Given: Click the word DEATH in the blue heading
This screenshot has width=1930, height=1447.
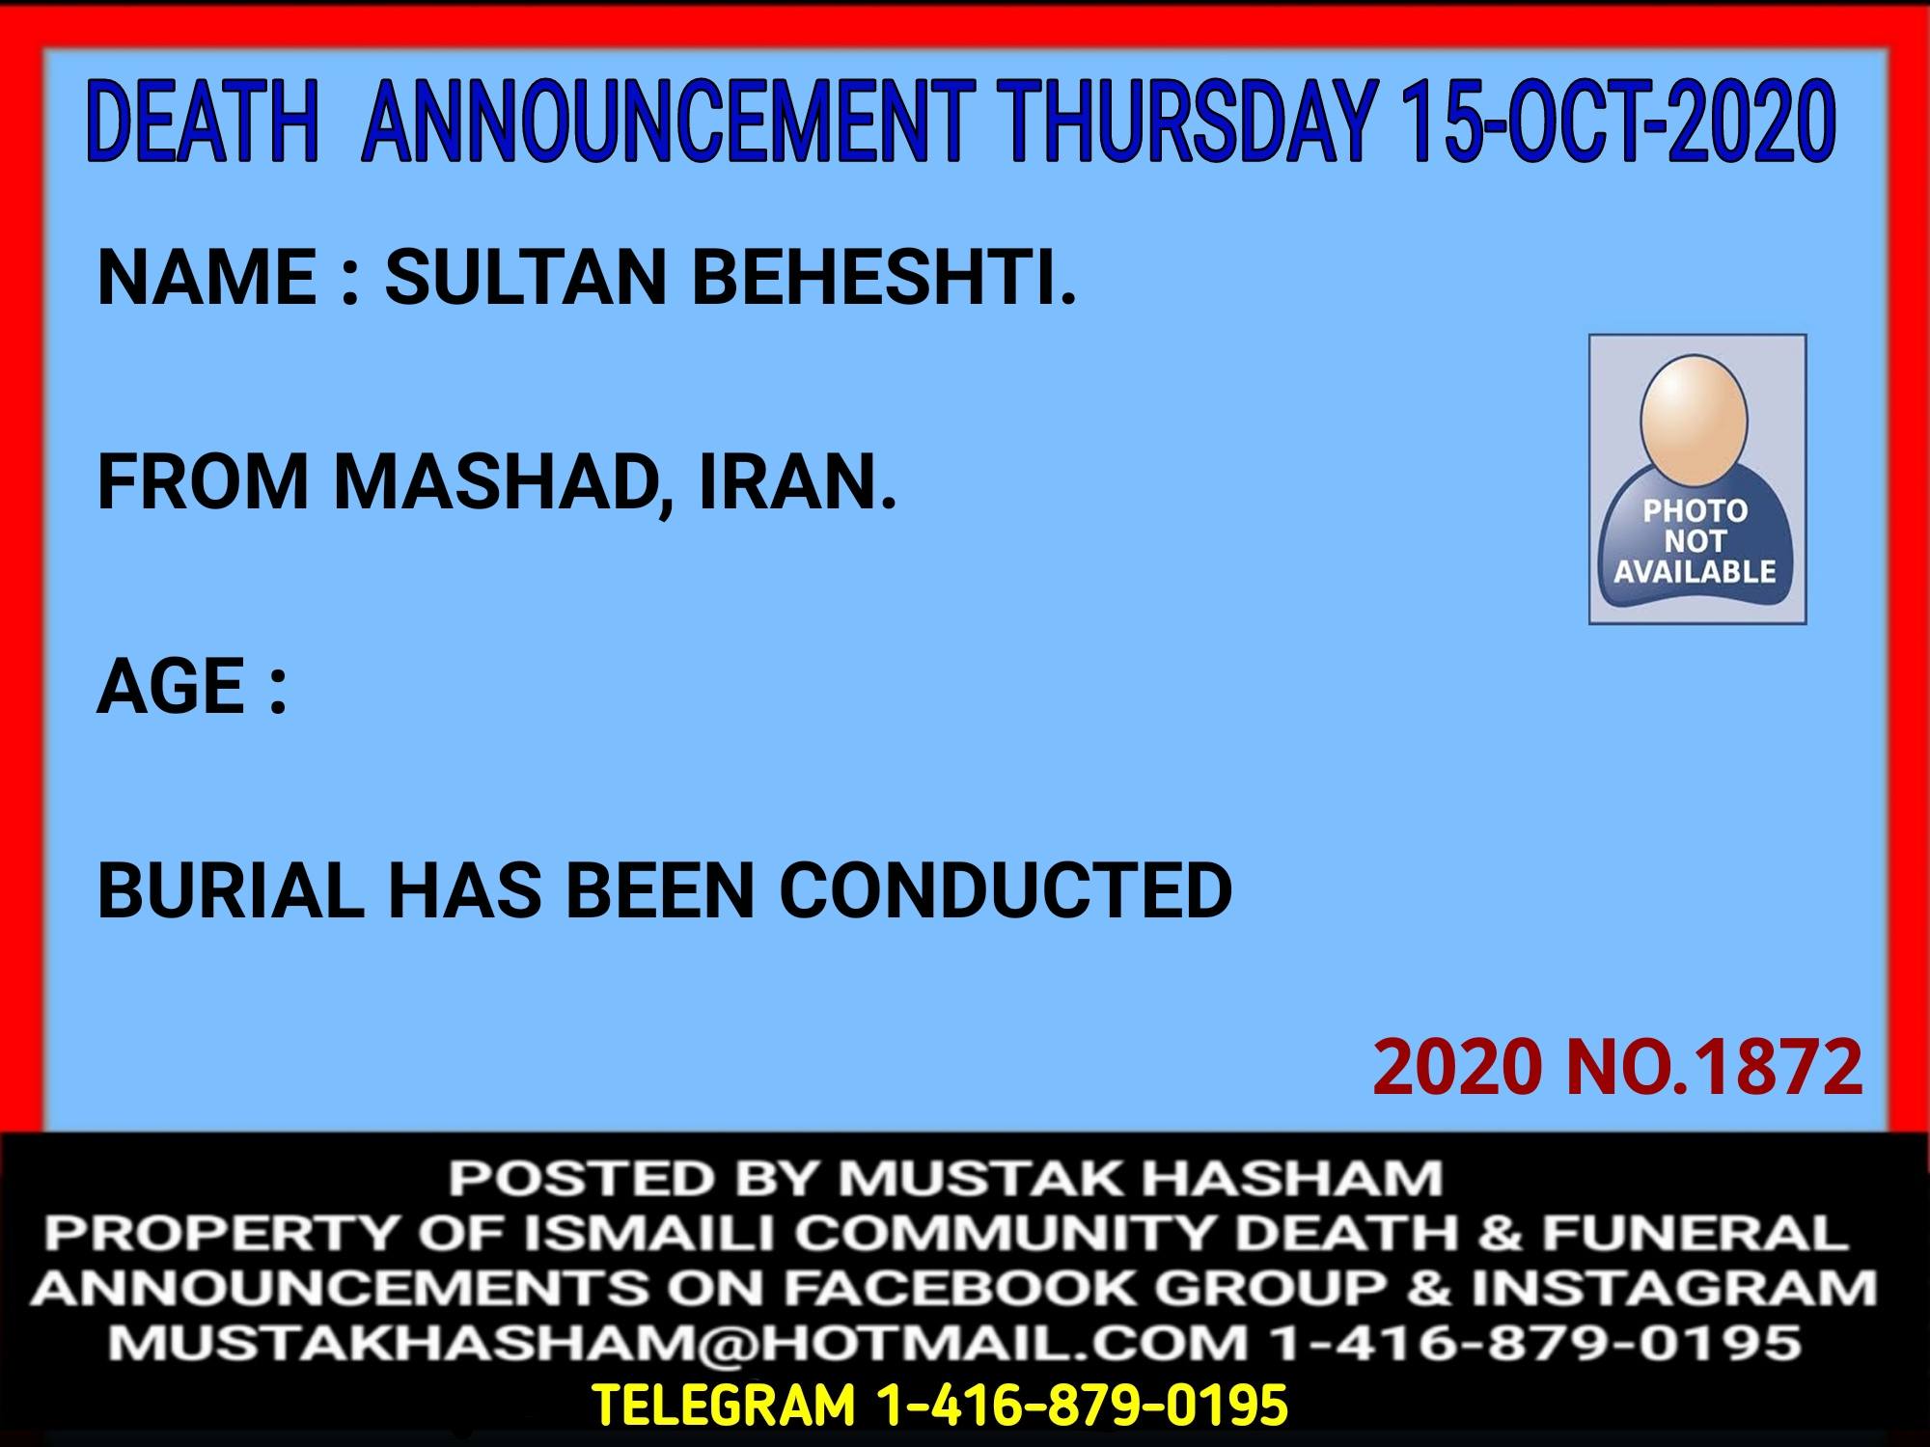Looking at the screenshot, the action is pyautogui.click(x=203, y=123).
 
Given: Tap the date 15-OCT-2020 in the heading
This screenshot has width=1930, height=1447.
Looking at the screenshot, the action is pyautogui.click(x=1617, y=123).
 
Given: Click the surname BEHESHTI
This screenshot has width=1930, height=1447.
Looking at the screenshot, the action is pyautogui.click(x=884, y=277).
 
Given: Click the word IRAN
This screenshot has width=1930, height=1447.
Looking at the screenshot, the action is pyautogui.click(x=798, y=481).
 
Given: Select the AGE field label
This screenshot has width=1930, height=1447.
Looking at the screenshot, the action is pyautogui.click(x=193, y=686).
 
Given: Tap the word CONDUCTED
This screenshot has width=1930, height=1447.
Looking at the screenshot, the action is pyautogui.click(x=1006, y=890).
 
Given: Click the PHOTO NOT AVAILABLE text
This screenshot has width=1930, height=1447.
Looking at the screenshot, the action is pyautogui.click(x=1696, y=541).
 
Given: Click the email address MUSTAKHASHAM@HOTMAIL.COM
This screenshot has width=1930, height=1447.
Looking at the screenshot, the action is pyautogui.click(x=677, y=1343).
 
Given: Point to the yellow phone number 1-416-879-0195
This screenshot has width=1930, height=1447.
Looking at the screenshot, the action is pyautogui.click(x=1082, y=1405).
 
